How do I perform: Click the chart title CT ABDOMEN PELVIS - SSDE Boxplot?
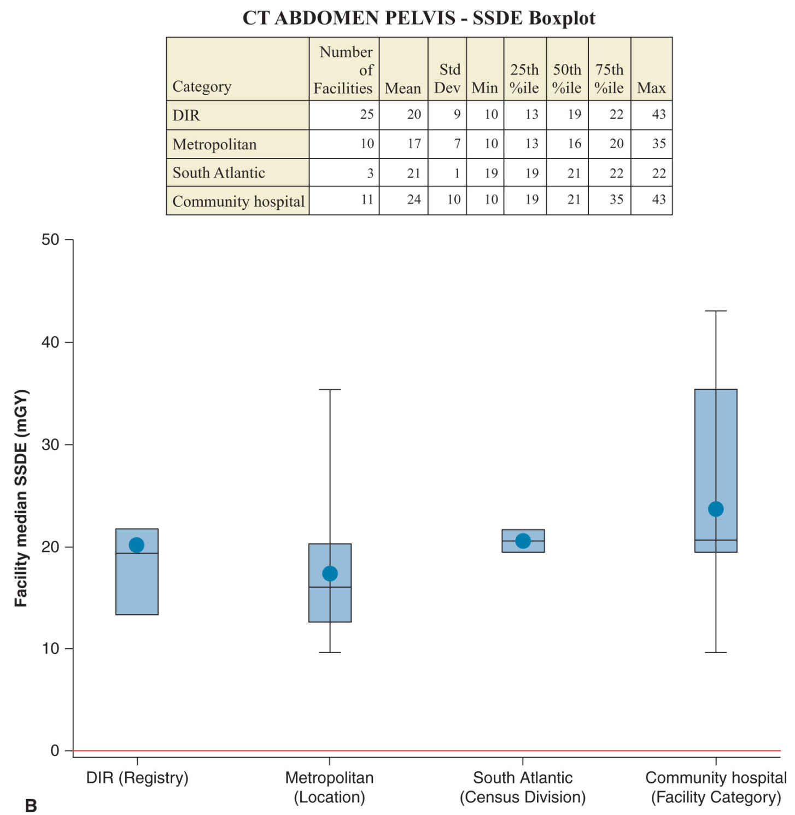419,18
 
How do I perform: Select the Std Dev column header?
447,79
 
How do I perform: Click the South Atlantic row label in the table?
219,173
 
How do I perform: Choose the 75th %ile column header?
609,79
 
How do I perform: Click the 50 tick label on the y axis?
50,240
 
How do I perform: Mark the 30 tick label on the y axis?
50,444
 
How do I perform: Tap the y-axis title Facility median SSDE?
21,498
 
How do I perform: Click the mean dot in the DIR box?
136,545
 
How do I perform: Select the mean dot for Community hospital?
716,509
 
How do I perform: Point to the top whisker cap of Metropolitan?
330,390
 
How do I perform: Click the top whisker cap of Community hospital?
716,311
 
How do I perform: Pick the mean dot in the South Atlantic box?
523,541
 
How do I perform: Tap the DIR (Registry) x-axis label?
137,778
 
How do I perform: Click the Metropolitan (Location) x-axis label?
330,787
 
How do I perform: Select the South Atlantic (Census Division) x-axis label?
523,787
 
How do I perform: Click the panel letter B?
31,805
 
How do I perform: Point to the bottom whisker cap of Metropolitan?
330,652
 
